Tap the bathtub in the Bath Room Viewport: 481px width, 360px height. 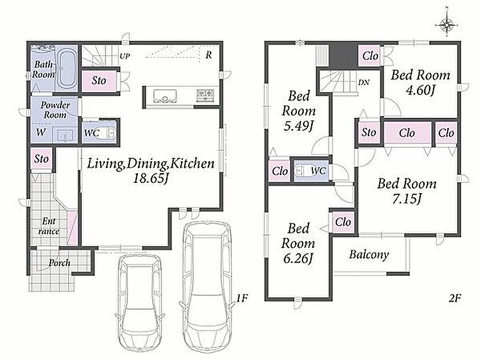[x=67, y=69]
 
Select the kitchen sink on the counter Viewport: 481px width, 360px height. [x=165, y=97]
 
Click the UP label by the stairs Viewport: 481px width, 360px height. [x=125, y=56]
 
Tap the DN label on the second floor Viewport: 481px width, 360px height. [x=364, y=82]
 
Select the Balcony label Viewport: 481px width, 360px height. [x=369, y=255]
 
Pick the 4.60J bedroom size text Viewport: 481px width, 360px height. [x=420, y=90]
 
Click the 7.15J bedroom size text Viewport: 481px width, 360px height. [x=407, y=199]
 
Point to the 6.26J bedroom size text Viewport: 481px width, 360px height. [x=298, y=259]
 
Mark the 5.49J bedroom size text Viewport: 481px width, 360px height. [x=298, y=126]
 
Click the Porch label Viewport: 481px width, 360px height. [x=59, y=263]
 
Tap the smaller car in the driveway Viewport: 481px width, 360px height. [x=140, y=303]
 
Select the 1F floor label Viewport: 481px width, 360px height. [x=242, y=298]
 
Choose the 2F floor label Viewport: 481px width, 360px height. [x=455, y=298]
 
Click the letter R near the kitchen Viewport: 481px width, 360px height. [x=209, y=55]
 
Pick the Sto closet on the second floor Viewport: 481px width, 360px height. [x=368, y=133]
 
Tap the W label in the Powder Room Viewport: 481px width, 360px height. [x=41, y=133]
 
